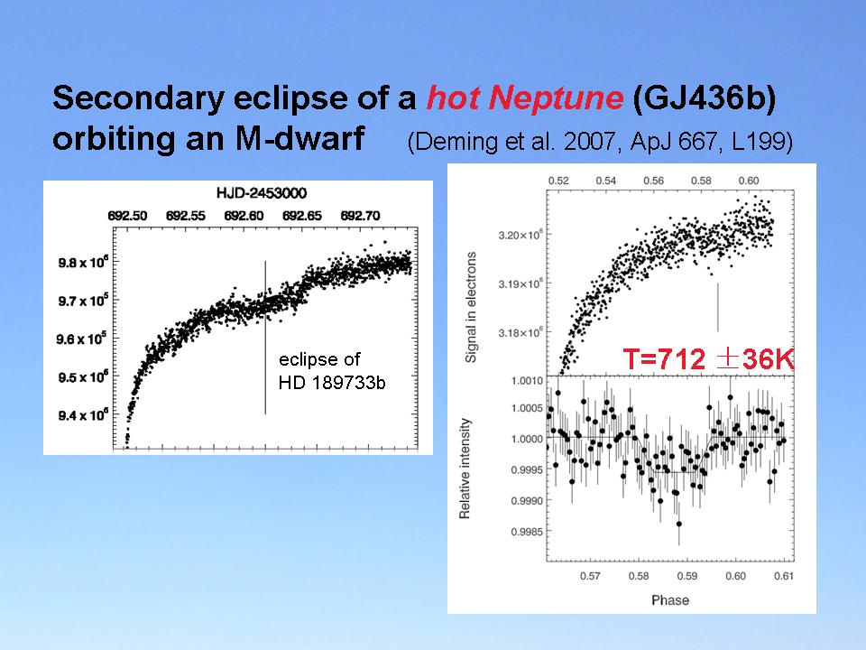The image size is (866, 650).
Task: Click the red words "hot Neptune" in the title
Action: tap(524, 99)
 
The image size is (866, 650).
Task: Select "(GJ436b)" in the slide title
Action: tap(704, 99)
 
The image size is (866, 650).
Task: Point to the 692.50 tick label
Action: tap(127, 217)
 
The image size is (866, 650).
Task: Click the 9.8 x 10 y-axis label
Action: tap(85, 263)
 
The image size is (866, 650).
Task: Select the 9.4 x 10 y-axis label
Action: tap(85, 416)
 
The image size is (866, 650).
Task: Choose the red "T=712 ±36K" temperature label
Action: tap(708, 360)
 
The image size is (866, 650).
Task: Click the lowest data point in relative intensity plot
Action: tap(678, 524)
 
